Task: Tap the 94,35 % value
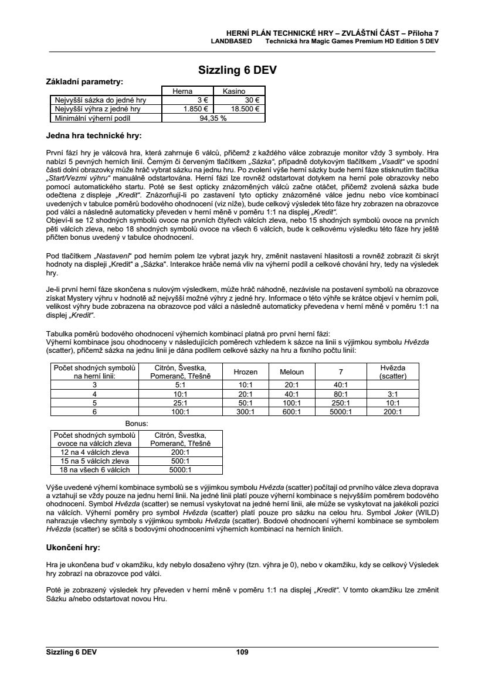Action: [x=213, y=117]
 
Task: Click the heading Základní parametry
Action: [x=84, y=81]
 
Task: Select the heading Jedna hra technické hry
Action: [x=94, y=136]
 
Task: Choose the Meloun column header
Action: [x=291, y=372]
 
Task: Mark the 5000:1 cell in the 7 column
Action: [x=341, y=412]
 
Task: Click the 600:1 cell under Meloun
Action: [x=291, y=412]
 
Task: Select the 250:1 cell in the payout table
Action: [x=341, y=403]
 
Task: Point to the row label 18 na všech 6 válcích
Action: [x=94, y=469]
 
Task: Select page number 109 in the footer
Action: [x=242, y=652]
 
